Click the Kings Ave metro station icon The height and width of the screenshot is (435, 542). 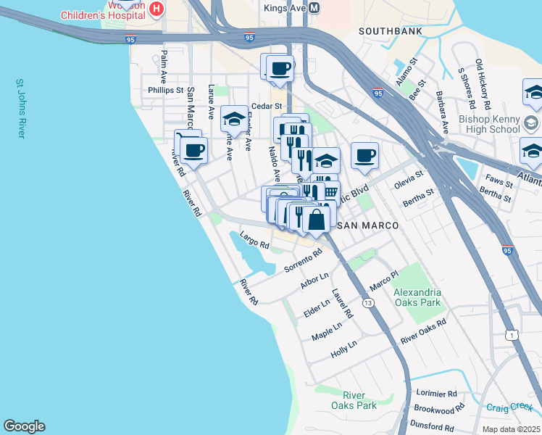[x=314, y=7]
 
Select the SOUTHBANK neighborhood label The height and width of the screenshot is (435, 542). [x=385, y=31]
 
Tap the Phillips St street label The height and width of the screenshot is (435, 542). [x=166, y=91]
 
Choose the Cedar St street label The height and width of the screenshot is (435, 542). [x=265, y=106]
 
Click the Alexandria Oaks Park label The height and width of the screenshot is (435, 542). [x=417, y=297]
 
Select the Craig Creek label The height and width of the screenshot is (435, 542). [x=509, y=408]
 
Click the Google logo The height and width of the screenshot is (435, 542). [x=24, y=426]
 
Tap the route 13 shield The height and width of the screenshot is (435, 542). [x=369, y=302]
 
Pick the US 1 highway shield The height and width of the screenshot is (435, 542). [x=512, y=334]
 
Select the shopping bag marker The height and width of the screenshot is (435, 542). [x=316, y=219]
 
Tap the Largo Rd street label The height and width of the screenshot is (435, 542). [x=254, y=241]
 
